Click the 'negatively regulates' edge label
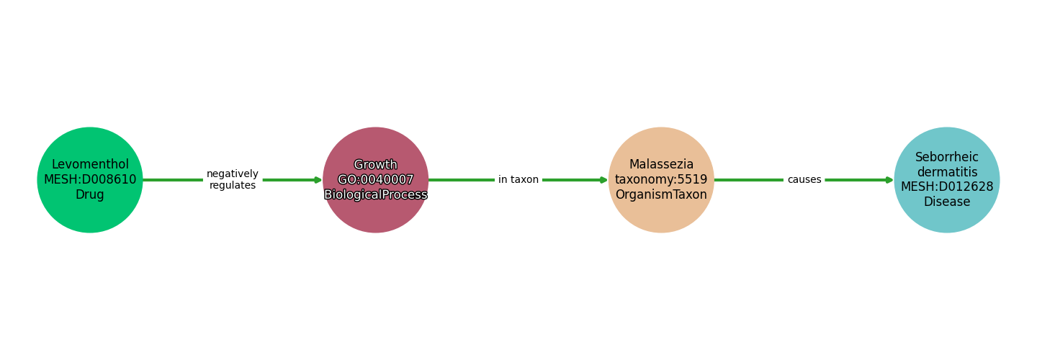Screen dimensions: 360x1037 233,180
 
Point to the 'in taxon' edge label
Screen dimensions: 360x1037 518,180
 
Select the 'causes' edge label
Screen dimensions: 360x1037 804,180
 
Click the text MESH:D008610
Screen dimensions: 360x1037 90,180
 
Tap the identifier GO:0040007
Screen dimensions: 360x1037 375,180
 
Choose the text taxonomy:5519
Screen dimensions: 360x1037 661,180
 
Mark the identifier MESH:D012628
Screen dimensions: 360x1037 947,186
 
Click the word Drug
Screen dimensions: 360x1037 90,195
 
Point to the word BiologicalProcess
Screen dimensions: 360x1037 375,195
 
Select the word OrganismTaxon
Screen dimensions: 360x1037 661,195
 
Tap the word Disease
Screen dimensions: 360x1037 947,202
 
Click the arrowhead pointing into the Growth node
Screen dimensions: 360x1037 318,180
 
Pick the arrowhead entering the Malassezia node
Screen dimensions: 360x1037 603,180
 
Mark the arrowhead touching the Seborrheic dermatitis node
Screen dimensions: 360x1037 889,180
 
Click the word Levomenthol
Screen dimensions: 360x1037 90,165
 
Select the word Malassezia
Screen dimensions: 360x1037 661,165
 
